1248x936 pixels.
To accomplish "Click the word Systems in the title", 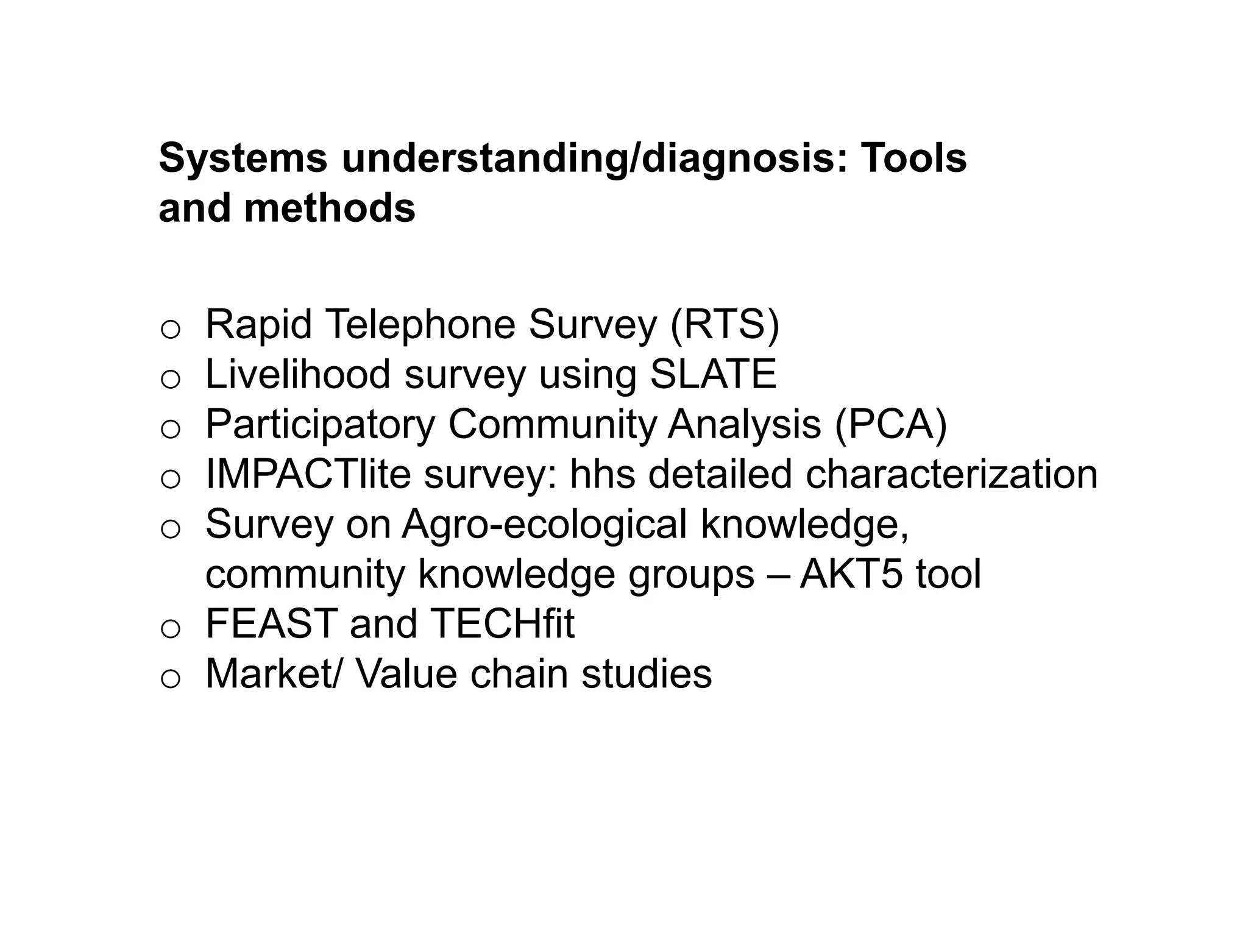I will tap(243, 158).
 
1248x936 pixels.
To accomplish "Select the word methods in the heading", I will tap(330, 208).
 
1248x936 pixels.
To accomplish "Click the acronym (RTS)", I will tap(725, 325).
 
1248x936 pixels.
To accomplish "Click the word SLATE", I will tap(714, 374).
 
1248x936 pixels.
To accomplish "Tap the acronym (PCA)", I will tap(891, 425).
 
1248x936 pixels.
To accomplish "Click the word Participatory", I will tap(321, 425).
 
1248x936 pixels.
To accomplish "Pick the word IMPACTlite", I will tap(308, 474).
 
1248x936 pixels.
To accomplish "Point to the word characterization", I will tap(951, 474).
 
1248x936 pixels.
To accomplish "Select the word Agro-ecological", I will tap(544, 524).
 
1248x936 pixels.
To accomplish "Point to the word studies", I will tap(647, 674).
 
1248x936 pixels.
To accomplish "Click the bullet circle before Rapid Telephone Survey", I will tap(171, 330).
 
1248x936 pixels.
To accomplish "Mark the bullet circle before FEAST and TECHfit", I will tap(171, 629).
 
